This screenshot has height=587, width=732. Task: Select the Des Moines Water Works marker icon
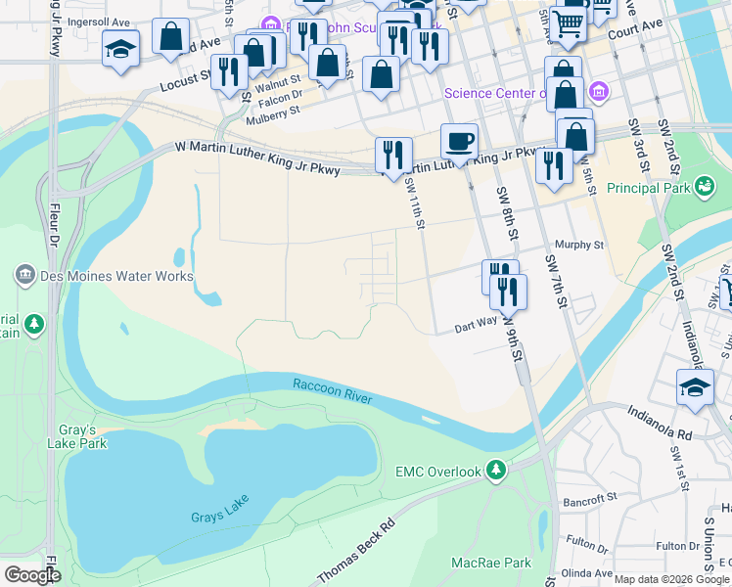(26, 276)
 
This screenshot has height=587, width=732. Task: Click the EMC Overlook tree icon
(497, 472)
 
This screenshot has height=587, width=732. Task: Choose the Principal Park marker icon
(703, 186)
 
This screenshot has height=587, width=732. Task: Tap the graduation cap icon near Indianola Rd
(695, 386)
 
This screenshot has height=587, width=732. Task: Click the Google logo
(31, 575)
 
